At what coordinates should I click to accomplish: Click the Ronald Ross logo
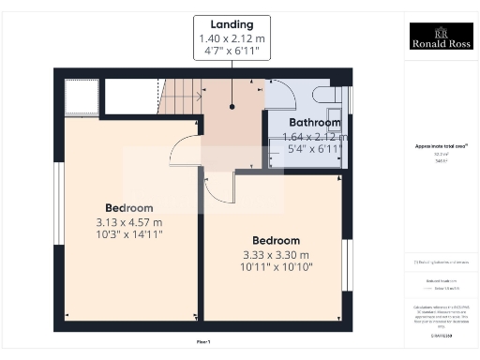pyautogui.click(x=441, y=36)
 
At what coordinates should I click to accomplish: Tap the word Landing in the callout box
pyautogui.click(x=232, y=23)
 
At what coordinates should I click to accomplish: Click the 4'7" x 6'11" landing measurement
pyautogui.click(x=232, y=52)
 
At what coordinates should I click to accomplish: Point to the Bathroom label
pyautogui.click(x=314, y=123)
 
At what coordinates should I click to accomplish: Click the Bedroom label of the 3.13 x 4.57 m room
pyautogui.click(x=128, y=207)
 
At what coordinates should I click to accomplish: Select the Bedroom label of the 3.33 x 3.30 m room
pyautogui.click(x=276, y=240)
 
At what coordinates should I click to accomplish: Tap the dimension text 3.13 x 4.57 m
pyautogui.click(x=128, y=222)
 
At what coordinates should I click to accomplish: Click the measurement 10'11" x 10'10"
pyautogui.click(x=276, y=267)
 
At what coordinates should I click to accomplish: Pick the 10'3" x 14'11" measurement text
pyautogui.click(x=128, y=236)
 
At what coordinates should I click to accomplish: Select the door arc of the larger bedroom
pyautogui.click(x=185, y=150)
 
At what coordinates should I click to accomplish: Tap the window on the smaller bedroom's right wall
pyautogui.click(x=346, y=265)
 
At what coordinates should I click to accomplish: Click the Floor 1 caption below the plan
pyautogui.click(x=203, y=342)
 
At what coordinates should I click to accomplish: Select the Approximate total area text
pyautogui.click(x=441, y=146)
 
